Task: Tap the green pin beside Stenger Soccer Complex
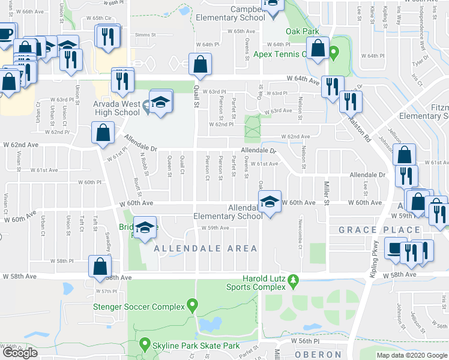click(x=192, y=305)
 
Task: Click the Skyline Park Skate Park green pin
click(x=144, y=344)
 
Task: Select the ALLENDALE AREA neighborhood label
click(x=205, y=248)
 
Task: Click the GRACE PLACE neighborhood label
click(x=379, y=230)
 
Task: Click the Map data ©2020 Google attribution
click(x=412, y=355)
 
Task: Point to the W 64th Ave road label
click(x=301, y=79)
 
